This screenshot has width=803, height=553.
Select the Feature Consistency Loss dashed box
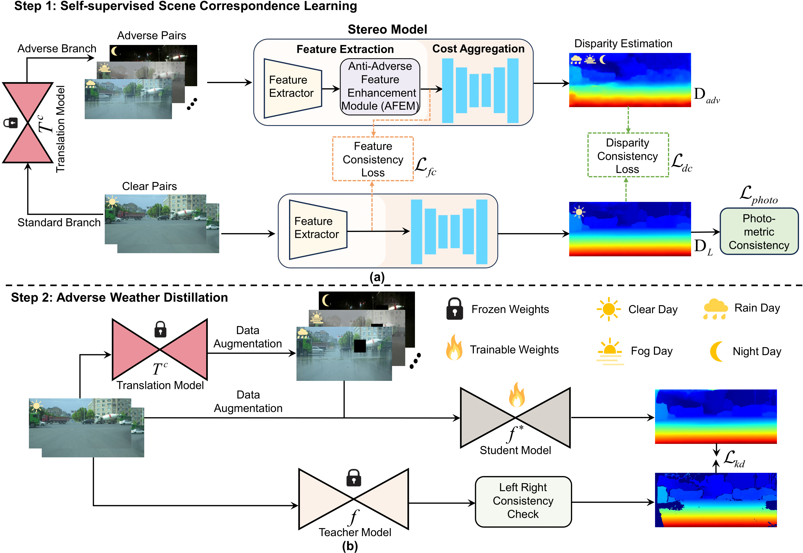373,159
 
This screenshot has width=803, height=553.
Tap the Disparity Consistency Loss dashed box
628,156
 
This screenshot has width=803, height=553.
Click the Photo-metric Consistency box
759,231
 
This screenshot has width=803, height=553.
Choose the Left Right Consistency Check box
523,501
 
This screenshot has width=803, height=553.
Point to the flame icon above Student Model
517,395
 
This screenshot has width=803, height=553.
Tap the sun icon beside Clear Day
608,309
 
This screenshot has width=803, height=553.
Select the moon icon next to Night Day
716,351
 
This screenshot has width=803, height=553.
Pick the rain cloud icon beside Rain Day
715,309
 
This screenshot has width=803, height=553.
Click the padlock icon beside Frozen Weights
455,309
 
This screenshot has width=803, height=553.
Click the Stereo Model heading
387,29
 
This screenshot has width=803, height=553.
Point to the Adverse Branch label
57,48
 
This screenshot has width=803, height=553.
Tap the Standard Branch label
59,223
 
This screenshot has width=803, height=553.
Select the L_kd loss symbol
734,459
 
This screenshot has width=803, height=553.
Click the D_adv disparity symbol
706,95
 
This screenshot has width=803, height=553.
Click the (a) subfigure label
377,277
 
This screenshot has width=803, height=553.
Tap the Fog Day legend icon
610,351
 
